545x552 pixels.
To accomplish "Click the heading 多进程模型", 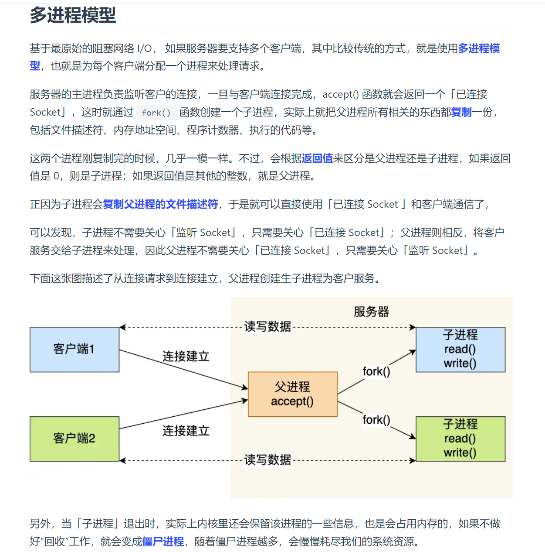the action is tap(73, 15).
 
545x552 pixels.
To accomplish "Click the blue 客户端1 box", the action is tap(74, 350).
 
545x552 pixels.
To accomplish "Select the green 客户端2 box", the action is tap(74, 439).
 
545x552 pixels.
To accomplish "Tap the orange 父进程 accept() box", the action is tap(292, 394).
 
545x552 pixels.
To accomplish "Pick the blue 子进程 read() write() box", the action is tap(460, 350).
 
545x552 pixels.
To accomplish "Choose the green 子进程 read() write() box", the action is tap(460, 439).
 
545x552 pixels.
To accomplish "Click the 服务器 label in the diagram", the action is tap(371, 312).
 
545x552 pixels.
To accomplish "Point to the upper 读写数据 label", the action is tap(267, 326).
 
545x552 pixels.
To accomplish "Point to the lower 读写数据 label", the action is tap(267, 459).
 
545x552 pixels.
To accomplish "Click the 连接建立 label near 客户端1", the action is tap(186, 356).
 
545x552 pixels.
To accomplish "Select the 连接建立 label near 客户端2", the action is tap(186, 431).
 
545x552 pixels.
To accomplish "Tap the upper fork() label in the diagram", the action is tap(376, 371).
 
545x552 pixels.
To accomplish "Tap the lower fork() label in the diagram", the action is tap(376, 420).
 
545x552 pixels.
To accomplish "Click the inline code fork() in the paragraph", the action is tap(156, 113).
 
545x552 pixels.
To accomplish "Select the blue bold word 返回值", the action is tap(317, 158).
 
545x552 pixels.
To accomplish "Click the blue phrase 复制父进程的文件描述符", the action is tap(160, 204).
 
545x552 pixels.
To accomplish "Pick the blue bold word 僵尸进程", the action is tap(163, 542).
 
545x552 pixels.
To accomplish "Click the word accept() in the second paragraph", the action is tap(340, 94).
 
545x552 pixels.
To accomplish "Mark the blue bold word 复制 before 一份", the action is tap(461, 112).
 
